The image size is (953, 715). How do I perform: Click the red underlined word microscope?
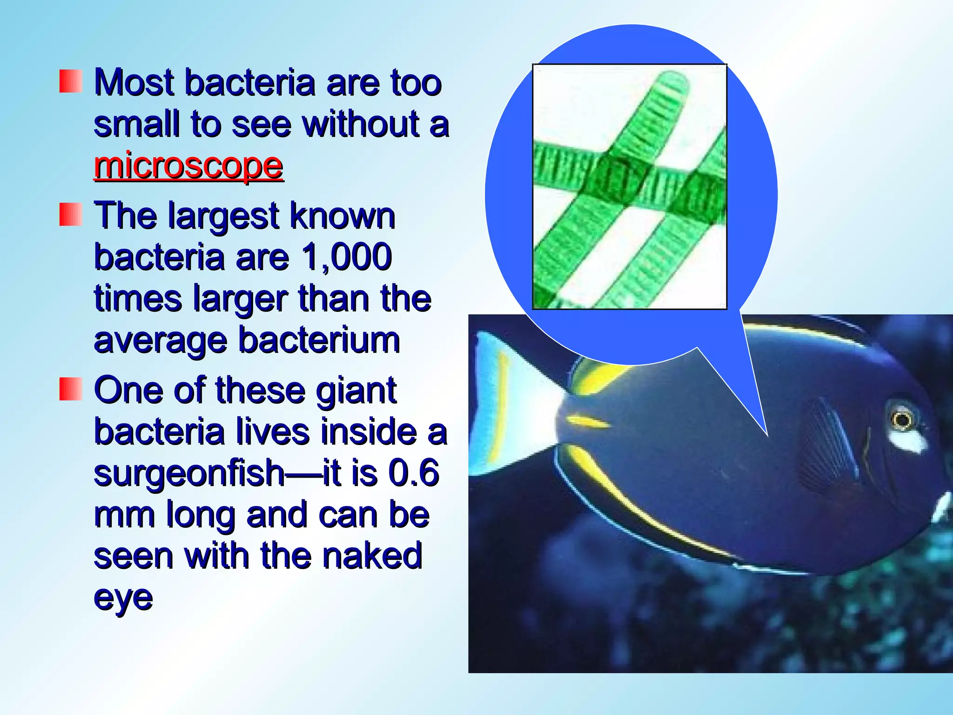[x=188, y=166]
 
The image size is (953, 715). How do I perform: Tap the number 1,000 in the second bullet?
[x=346, y=257]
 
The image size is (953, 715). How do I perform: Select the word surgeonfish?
[x=189, y=473]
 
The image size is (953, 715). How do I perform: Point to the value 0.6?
[x=414, y=473]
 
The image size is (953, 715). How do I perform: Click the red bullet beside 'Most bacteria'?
[x=71, y=81]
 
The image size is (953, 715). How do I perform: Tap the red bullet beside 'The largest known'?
[x=71, y=215]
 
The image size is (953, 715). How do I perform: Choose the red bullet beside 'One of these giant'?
[x=71, y=389]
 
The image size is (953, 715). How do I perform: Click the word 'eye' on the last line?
[x=123, y=598]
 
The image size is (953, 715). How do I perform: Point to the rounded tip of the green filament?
[x=675, y=81]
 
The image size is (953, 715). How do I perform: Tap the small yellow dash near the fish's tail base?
[x=587, y=421]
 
